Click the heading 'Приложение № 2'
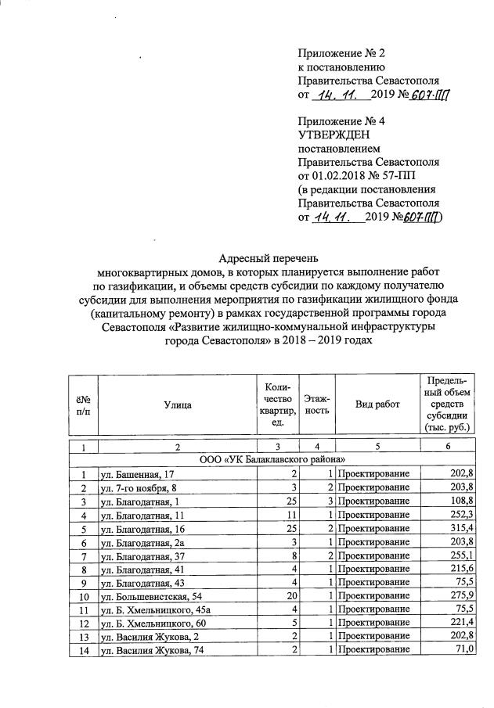(341, 53)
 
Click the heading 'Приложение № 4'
(341, 122)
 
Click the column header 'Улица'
(178, 404)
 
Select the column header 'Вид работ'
(377, 404)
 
